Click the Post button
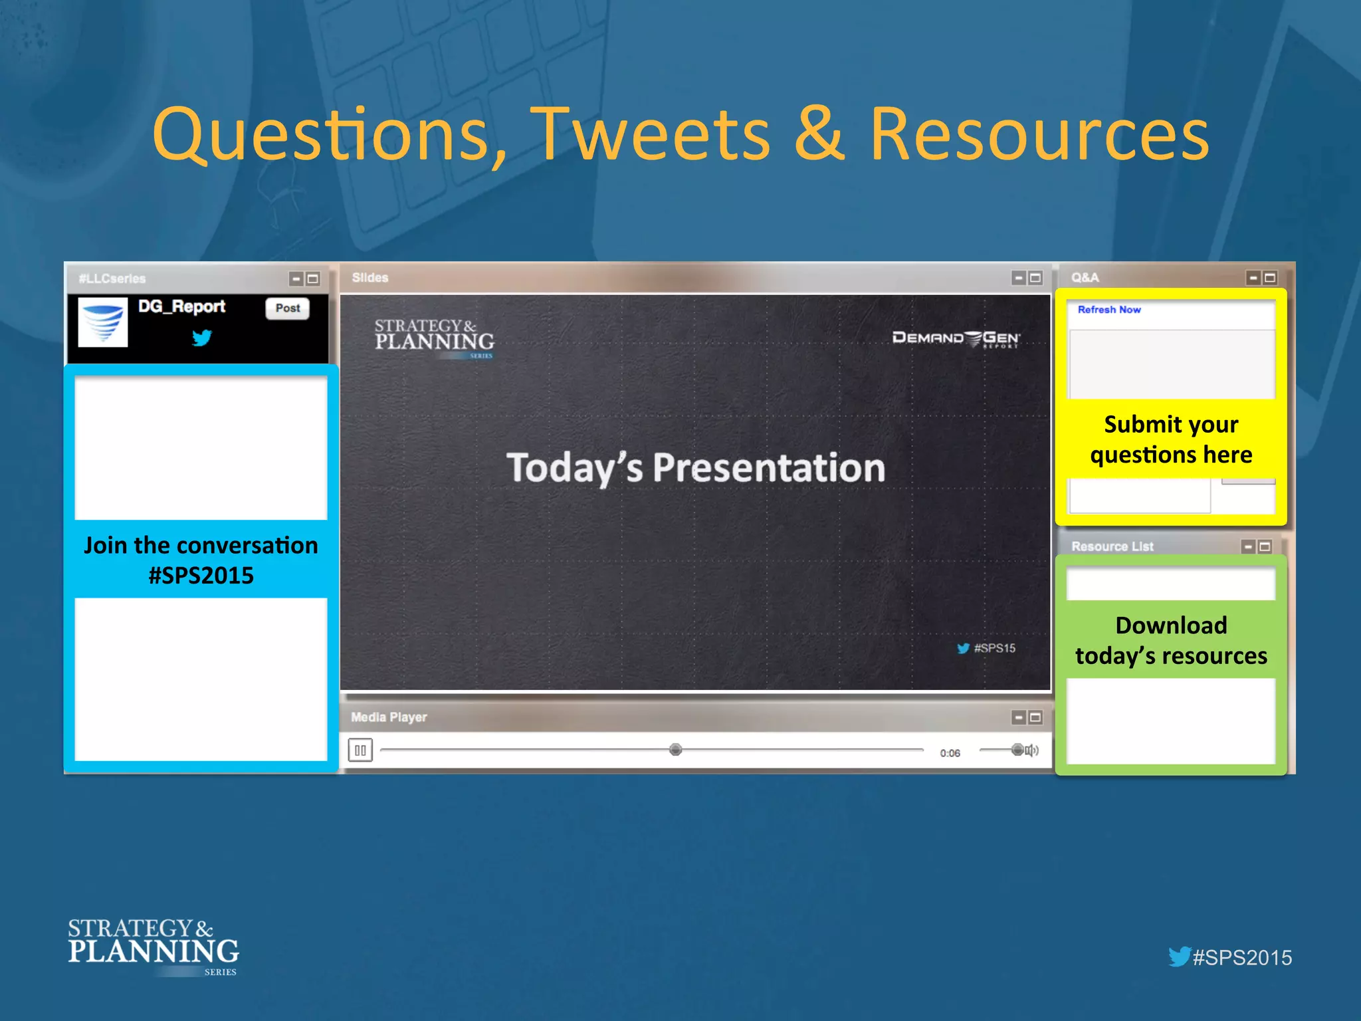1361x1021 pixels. [x=288, y=308]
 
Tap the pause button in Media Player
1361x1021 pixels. [x=360, y=750]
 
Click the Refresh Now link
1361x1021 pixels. [x=1108, y=310]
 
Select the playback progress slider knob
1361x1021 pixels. [x=675, y=750]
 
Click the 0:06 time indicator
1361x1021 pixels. [x=950, y=753]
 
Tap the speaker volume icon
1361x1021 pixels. [x=1032, y=750]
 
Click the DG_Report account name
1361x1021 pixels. [x=181, y=306]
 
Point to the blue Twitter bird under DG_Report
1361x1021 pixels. [x=202, y=338]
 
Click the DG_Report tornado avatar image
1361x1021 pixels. [x=103, y=322]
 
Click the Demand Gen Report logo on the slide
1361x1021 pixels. [x=955, y=338]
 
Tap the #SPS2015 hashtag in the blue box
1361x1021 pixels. [x=201, y=576]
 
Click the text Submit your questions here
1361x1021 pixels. [x=1171, y=439]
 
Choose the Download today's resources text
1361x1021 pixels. [x=1171, y=640]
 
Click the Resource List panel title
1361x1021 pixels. [x=1112, y=546]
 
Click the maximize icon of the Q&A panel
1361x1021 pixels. [x=1270, y=278]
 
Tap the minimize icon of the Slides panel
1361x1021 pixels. [x=1019, y=278]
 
